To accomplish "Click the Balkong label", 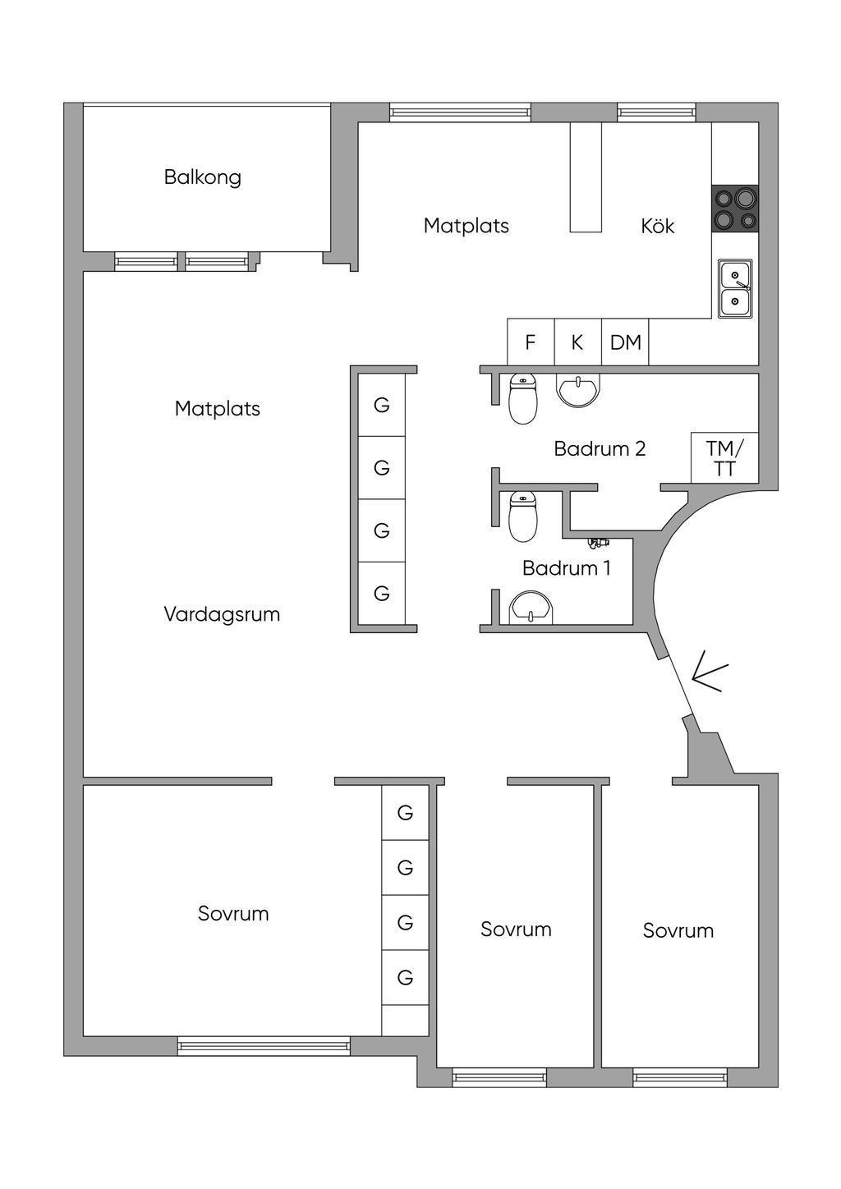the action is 202,177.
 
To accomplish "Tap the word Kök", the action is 657,226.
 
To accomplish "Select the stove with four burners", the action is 735,208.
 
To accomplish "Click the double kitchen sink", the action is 735,289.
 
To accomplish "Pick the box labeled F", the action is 531,342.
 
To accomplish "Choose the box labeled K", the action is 577,342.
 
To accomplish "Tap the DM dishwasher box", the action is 625,342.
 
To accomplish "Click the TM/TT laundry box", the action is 724,457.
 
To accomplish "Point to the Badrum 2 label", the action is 600,449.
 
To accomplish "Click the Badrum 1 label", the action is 566,568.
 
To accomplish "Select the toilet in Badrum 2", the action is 523,398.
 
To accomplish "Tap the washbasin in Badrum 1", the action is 531,608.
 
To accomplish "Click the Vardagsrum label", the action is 222,615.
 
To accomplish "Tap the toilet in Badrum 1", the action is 523,516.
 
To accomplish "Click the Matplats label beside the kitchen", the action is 466,226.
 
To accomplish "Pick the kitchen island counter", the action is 586,177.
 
